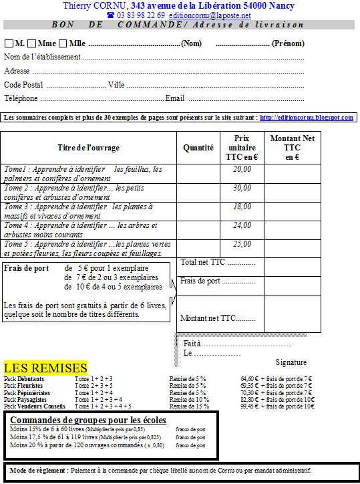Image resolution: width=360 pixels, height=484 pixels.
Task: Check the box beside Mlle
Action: (x=63, y=44)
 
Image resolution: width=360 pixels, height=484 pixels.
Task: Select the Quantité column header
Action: (x=198, y=148)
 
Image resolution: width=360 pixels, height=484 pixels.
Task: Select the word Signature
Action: (x=291, y=362)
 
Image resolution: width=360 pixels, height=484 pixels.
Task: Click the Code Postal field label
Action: (x=23, y=85)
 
